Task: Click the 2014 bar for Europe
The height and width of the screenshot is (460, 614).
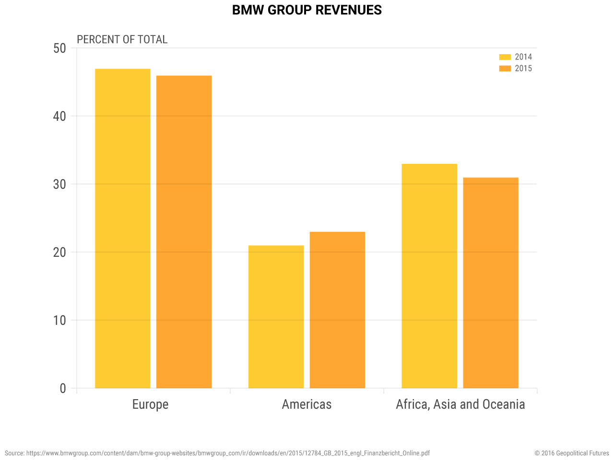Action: [122, 229]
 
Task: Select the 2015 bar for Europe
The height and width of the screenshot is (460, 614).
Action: [184, 232]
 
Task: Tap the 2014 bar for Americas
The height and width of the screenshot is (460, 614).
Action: [276, 317]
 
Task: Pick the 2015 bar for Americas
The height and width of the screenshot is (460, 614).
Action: [337, 310]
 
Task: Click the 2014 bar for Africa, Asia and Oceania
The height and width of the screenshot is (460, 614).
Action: [429, 276]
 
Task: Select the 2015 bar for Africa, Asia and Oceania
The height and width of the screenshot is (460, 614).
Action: [491, 283]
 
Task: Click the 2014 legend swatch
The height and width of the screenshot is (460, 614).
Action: [505, 57]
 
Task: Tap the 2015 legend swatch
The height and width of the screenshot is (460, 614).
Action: [505, 69]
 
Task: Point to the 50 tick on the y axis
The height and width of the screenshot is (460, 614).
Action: [59, 48]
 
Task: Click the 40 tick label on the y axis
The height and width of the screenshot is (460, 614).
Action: [59, 116]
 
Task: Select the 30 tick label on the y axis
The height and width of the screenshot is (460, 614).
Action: [59, 184]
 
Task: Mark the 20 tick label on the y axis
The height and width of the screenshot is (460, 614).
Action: [59, 252]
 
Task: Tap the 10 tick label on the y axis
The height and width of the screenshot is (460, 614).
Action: [59, 320]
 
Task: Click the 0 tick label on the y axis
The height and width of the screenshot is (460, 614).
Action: [63, 388]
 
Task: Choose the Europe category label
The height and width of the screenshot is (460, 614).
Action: [150, 404]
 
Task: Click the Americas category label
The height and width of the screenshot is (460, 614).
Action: [307, 404]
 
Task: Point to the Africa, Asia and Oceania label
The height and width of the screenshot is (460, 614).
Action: [460, 404]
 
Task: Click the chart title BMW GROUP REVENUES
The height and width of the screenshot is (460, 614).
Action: [307, 10]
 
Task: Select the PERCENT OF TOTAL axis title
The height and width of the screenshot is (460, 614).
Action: [122, 39]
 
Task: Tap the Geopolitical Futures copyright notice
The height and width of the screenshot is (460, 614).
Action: [572, 453]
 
